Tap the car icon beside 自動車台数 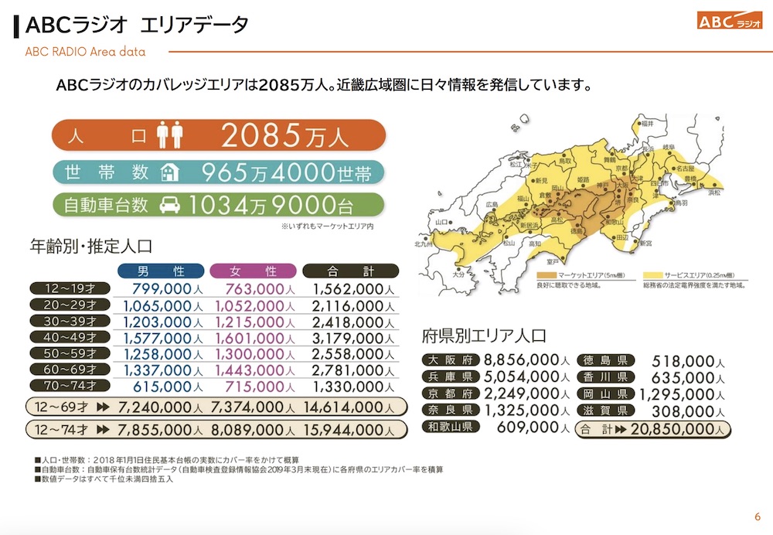coord(169,206)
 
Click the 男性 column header coord(161,271)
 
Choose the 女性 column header coord(254,271)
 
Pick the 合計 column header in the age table coord(350,271)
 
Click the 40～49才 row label coord(70,336)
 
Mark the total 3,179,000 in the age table coord(348,336)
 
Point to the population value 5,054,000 coord(523,377)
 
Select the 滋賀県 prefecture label coord(604,410)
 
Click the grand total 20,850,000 coord(680,428)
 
